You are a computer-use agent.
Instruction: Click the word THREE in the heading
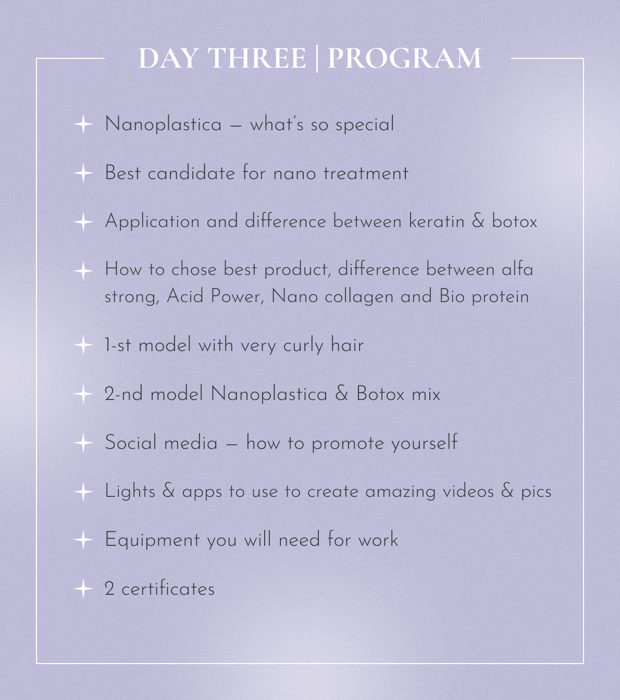257,58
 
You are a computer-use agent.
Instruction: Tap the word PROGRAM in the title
404,58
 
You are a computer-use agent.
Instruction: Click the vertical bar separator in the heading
317,58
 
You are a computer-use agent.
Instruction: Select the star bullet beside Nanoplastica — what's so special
83,124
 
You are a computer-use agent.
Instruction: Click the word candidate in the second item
191,173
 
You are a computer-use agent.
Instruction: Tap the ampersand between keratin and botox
478,221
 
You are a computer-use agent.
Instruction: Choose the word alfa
517,269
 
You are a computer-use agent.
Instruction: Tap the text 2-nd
123,394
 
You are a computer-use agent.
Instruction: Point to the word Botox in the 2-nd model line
380,394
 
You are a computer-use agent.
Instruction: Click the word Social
131,443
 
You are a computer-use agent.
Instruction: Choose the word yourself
424,443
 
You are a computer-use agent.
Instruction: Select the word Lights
130,492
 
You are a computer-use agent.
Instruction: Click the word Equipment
152,540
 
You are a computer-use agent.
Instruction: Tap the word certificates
168,589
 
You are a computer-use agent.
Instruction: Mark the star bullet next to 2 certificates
83,589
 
